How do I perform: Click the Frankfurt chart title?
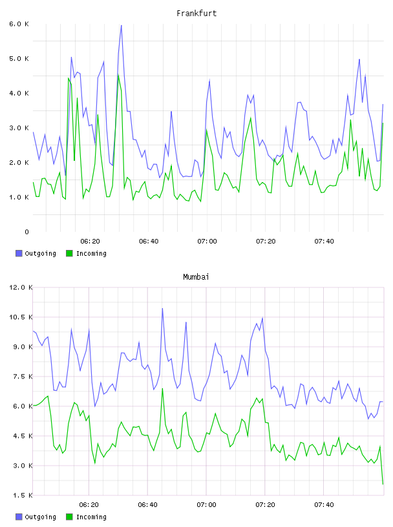[197, 14]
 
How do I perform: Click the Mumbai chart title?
[196, 277]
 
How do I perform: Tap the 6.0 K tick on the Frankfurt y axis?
[19, 24]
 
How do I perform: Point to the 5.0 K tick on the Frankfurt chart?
[19, 59]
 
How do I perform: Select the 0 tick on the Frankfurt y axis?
[27, 232]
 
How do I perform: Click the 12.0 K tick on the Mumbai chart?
[21, 287]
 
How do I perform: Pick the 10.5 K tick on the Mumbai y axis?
[21, 317]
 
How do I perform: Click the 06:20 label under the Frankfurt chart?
[90, 242]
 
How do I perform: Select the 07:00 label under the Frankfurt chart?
[207, 242]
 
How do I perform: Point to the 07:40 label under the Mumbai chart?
[324, 505]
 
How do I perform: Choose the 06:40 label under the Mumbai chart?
[148, 505]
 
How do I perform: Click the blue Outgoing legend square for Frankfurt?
[19, 253]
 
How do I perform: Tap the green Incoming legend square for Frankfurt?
[69, 253]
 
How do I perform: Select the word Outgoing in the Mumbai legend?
[40, 517]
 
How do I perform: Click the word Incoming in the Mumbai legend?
[91, 517]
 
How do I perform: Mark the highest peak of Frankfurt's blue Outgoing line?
[121, 25]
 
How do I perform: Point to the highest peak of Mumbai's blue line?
[162, 308]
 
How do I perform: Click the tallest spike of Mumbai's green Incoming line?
[162, 389]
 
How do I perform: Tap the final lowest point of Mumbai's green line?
[383, 484]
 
